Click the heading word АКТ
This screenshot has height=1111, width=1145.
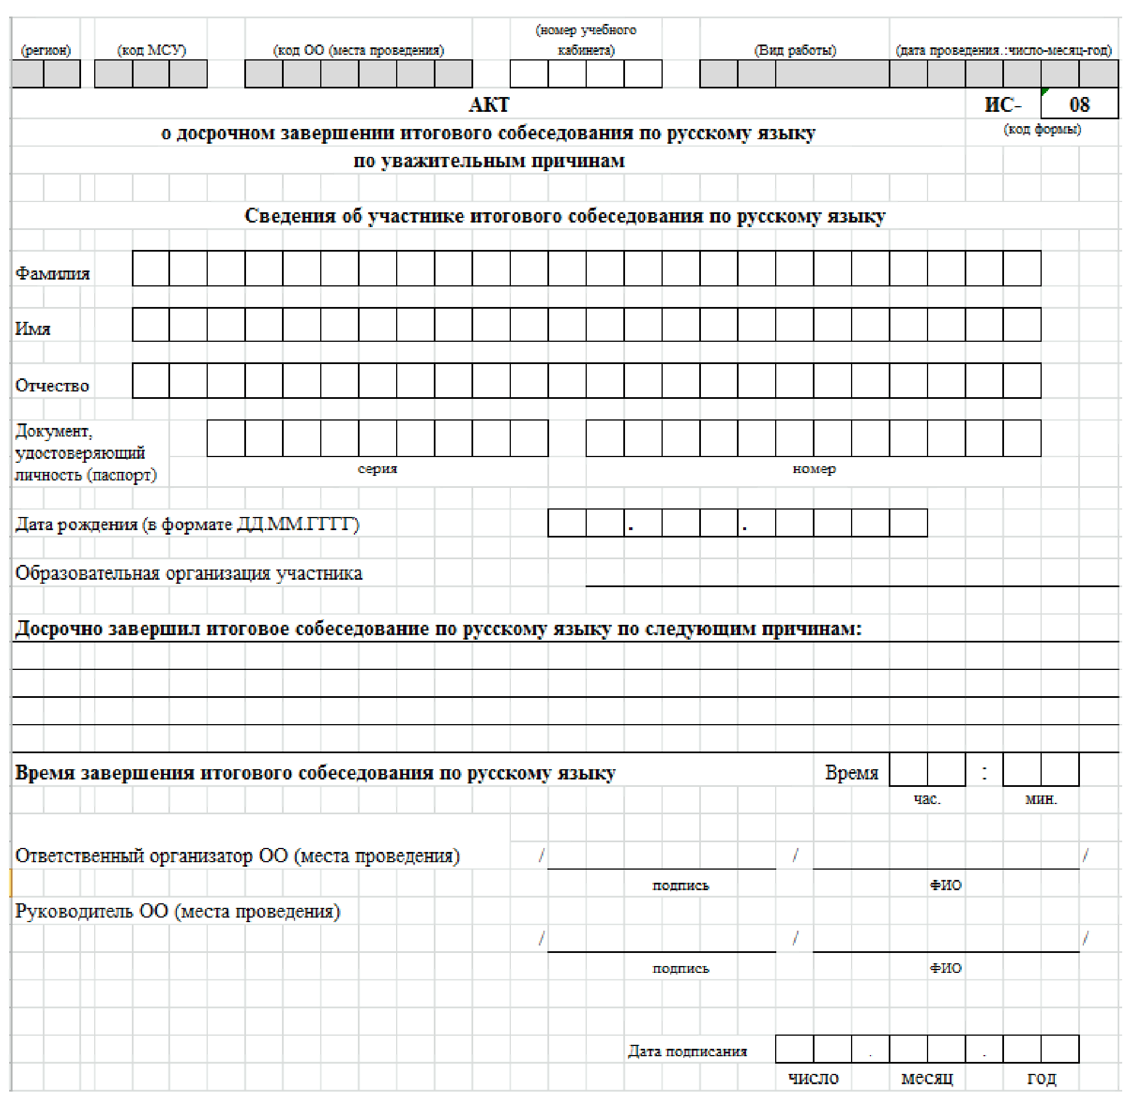coord(490,104)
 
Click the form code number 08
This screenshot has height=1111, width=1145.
coord(1079,104)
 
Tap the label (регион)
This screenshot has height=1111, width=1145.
coord(46,50)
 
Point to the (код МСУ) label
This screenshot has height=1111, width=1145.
coord(152,50)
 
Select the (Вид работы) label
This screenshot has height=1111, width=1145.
coord(795,50)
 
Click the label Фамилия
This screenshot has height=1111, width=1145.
coord(53,273)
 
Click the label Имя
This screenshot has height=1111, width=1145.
coord(33,329)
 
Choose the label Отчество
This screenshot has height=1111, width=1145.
coord(52,386)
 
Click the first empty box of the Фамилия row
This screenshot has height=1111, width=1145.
coord(151,268)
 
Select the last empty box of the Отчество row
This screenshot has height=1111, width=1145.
coord(1022,381)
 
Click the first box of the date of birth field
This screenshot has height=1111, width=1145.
coord(567,523)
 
